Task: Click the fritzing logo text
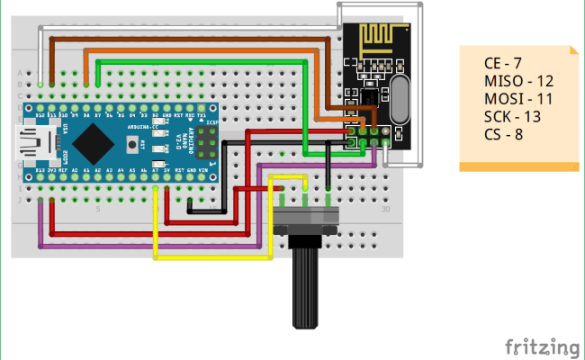pyautogui.click(x=541, y=346)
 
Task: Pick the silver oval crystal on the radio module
pyautogui.click(x=400, y=96)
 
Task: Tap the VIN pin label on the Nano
pyautogui.click(x=202, y=168)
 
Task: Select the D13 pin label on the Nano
pyautogui.click(x=40, y=168)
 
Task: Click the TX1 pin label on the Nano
pyautogui.click(x=202, y=116)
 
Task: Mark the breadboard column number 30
pyautogui.click(x=385, y=209)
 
